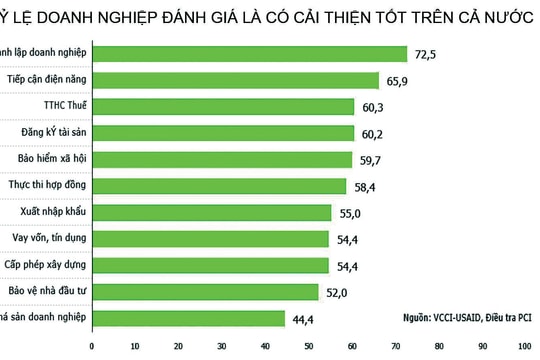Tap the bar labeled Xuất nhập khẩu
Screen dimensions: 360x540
pos(211,212)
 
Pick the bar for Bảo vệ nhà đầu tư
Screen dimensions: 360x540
pos(205,291)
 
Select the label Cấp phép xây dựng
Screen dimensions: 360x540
pos(46,264)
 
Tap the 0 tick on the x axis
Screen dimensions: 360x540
pos(92,348)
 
